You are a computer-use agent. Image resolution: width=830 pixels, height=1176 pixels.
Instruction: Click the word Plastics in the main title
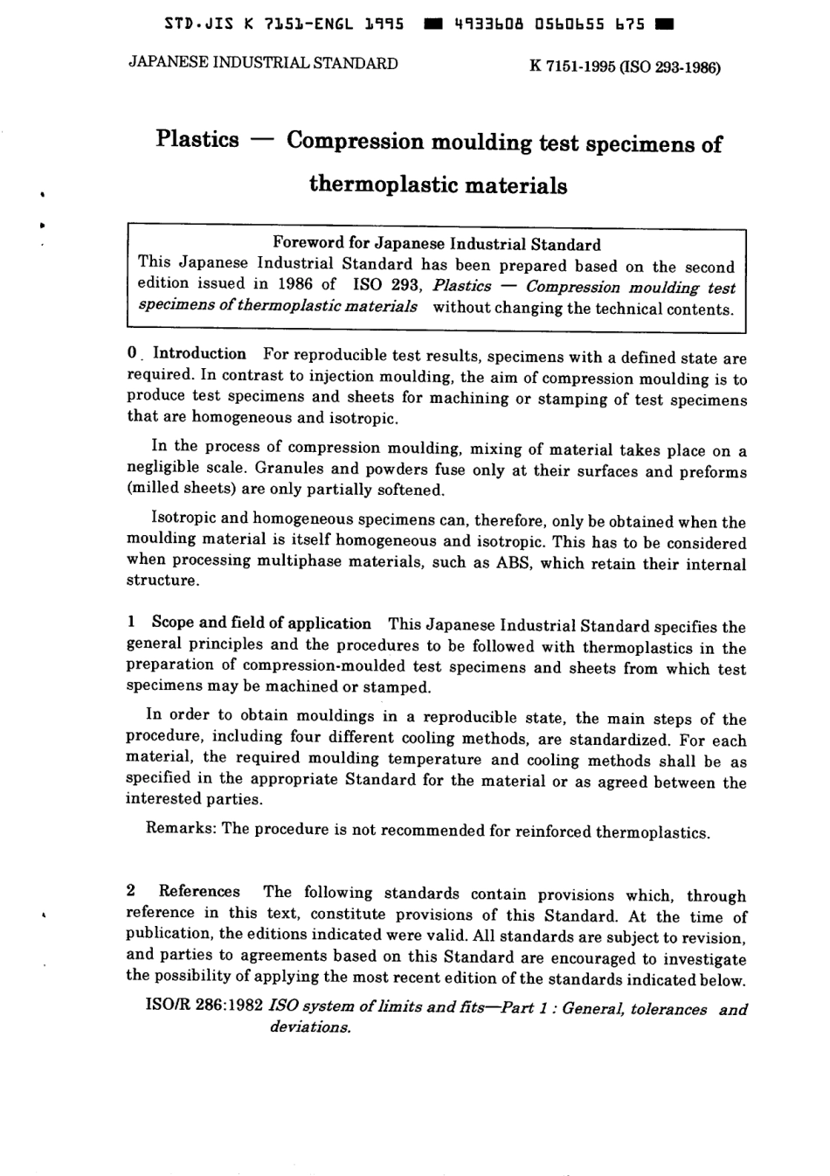(x=197, y=140)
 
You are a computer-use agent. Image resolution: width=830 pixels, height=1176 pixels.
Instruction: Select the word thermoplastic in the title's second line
(x=384, y=185)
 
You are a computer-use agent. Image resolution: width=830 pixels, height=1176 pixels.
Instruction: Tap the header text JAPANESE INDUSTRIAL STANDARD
(x=263, y=63)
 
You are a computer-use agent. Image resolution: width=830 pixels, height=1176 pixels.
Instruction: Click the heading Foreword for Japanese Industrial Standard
(x=437, y=244)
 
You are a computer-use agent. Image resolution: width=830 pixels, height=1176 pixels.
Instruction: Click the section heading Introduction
(x=199, y=354)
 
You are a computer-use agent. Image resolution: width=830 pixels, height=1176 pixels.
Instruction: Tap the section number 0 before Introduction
(x=131, y=353)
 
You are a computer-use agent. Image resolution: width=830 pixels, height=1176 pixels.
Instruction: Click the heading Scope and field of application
(x=261, y=623)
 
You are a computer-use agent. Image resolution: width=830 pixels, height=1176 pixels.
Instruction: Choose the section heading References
(x=199, y=892)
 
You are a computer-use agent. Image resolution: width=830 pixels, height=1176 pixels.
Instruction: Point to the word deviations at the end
(x=309, y=1027)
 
